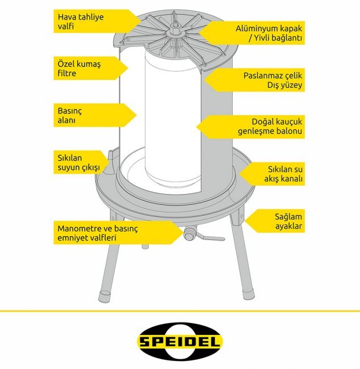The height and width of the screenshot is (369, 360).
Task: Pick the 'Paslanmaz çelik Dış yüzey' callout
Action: (x=256, y=80)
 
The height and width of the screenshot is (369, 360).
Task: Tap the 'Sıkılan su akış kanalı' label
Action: (x=273, y=174)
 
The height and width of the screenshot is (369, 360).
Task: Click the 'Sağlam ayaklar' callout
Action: (x=275, y=221)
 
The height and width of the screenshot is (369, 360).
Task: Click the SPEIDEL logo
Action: (x=179, y=341)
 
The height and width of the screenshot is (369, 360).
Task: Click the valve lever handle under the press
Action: (x=211, y=238)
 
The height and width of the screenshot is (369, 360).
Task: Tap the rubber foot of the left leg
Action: (x=105, y=296)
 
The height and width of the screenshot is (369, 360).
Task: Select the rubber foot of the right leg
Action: (x=248, y=294)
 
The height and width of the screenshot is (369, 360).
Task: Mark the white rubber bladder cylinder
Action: (x=173, y=118)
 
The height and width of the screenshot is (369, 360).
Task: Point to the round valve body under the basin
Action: (x=189, y=233)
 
